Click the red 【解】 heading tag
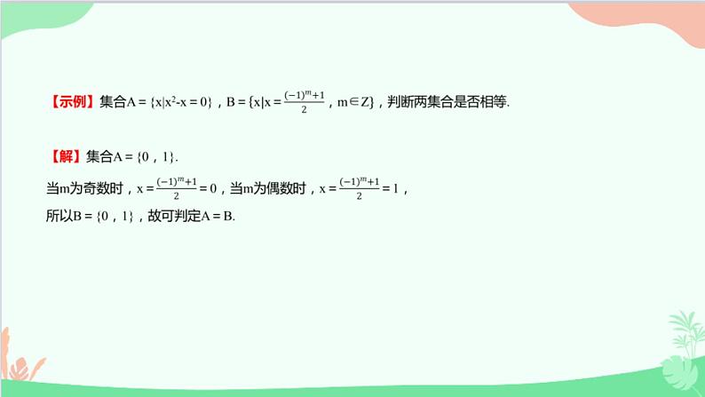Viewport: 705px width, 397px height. pos(64,156)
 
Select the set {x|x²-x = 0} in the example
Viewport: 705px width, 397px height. pos(182,102)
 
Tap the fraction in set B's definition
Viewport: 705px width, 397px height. pos(304,101)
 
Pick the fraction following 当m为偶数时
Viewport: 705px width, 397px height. pos(360,187)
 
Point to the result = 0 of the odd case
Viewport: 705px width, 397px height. pos(210,187)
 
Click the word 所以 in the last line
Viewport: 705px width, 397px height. pos(56,216)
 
